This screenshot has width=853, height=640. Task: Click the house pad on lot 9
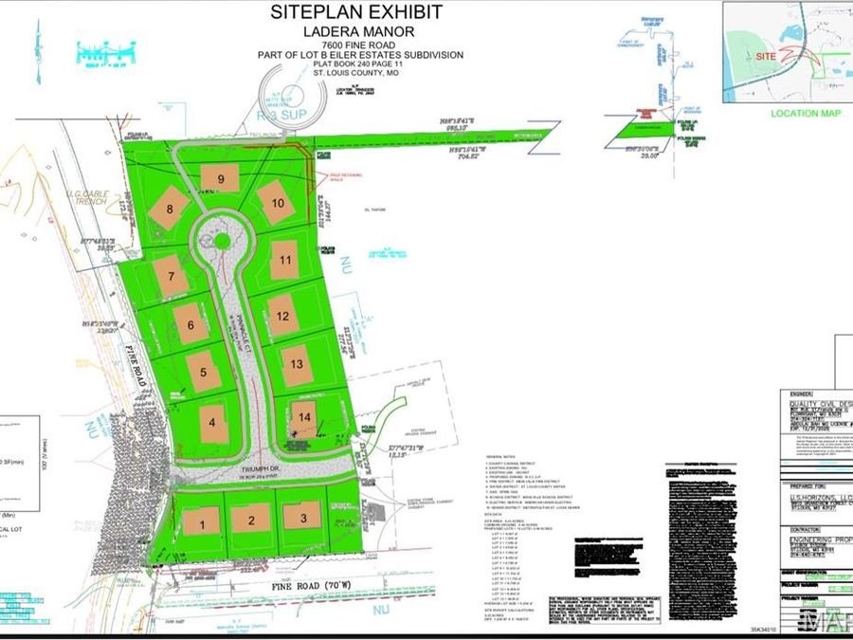(220, 178)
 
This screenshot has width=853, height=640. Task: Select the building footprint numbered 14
(303, 416)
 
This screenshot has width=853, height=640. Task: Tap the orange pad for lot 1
(201, 521)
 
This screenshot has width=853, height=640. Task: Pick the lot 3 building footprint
(301, 517)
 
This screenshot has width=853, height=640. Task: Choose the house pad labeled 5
(204, 372)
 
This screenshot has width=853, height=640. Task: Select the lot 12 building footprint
(282, 315)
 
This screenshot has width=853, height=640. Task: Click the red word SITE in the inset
(768, 57)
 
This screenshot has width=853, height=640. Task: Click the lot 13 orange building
(297, 364)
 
